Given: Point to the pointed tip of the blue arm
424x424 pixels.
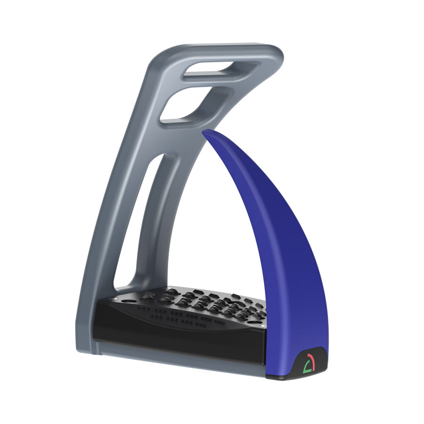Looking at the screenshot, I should click(205, 133).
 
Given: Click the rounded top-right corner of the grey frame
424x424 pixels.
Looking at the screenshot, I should click(276, 54).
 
